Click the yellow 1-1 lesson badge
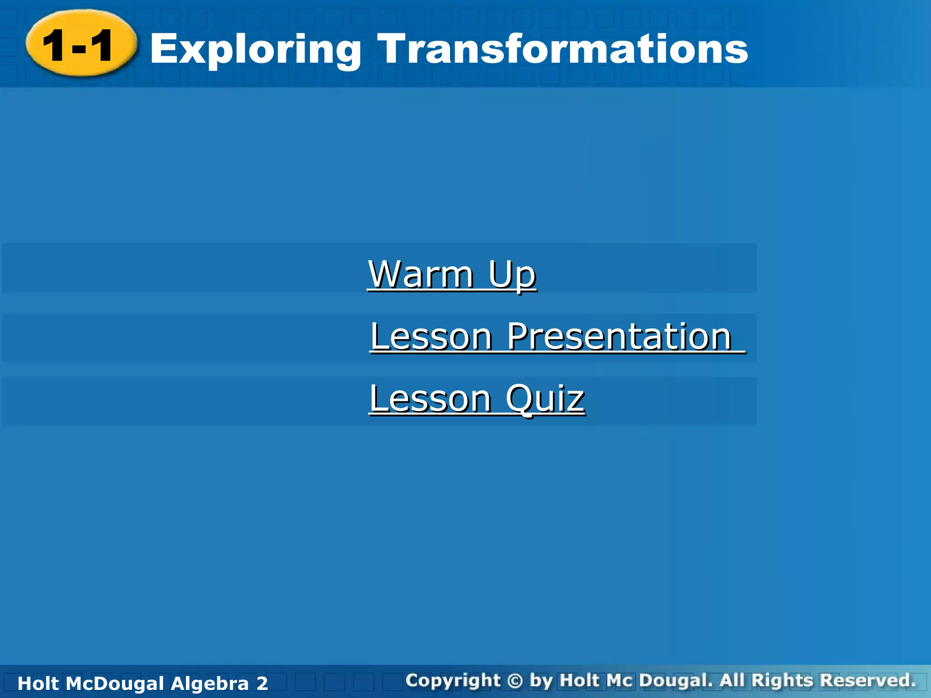pos(81,44)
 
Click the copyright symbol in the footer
pos(515,681)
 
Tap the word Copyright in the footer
pos(453,681)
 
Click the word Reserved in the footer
pos(867,680)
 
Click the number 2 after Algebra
pos(262,683)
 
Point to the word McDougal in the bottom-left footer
pos(115,683)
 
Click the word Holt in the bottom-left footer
pos(39,683)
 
